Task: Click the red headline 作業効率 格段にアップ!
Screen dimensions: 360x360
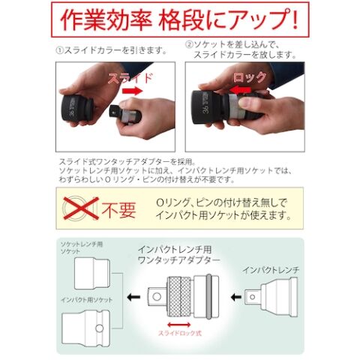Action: [179, 20]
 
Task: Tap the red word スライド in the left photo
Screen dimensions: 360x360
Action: [130, 78]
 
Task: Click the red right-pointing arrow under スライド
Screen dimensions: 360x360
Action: [132, 91]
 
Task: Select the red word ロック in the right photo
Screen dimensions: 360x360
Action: [250, 77]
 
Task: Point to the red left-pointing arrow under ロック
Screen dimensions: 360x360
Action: [240, 90]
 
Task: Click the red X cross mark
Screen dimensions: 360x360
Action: [81, 208]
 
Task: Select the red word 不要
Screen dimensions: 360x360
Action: [118, 209]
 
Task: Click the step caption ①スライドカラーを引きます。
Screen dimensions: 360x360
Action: [112, 51]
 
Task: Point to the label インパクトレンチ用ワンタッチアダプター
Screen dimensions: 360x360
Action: [178, 254]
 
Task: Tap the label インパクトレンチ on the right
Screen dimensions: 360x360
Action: [271, 270]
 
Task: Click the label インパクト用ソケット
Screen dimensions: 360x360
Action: [86, 300]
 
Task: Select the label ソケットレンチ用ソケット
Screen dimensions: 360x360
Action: [82, 247]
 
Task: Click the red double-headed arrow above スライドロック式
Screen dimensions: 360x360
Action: [179, 325]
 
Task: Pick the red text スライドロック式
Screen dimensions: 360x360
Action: [180, 333]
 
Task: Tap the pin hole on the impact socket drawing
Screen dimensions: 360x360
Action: [100, 328]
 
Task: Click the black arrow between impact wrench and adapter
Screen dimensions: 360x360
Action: [236, 297]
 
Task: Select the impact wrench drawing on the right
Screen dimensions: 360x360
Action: [271, 297]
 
